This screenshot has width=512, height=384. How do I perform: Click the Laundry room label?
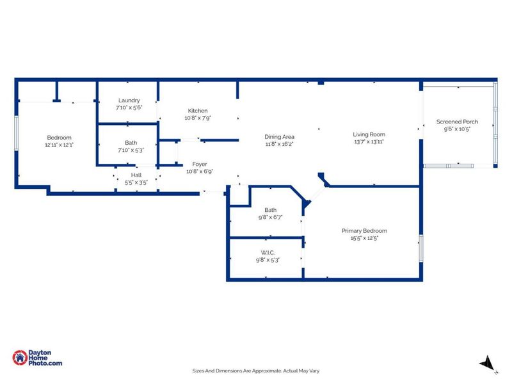[x=129, y=100]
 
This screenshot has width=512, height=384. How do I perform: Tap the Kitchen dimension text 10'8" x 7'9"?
[x=197, y=118]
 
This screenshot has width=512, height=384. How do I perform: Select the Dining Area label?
[x=279, y=136]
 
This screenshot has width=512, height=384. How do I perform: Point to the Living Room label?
[x=369, y=134]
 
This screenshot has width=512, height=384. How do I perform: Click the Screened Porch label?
[x=457, y=122]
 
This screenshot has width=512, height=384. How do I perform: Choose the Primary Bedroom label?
[x=364, y=231]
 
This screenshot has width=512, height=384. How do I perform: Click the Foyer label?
[x=199, y=164]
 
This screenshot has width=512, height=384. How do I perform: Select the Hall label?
[x=136, y=175]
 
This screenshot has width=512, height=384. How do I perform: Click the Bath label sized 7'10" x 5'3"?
[x=131, y=143]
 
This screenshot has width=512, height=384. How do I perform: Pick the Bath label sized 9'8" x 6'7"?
[x=270, y=210]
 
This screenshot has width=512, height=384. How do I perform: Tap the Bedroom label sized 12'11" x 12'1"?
[x=59, y=138]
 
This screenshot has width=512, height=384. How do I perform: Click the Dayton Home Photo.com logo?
[x=38, y=358]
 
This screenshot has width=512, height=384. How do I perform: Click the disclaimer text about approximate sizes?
[x=255, y=371]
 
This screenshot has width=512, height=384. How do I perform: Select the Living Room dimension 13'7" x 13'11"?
[x=369, y=142]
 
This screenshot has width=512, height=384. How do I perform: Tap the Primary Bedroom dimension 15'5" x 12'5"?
[x=364, y=239]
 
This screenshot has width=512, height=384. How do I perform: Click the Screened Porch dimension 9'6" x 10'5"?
[x=457, y=129]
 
